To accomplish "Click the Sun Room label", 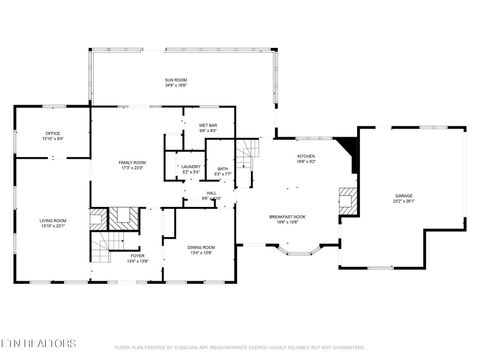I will coord(176,82).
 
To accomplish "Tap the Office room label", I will coord(53,136).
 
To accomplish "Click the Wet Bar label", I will coord(208,128).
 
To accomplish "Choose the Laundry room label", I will coord(190,169).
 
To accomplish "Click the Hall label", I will coord(211,195).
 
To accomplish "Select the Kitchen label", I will coord(306,159).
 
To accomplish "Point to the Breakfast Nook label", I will coord(286,219).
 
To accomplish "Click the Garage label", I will coord(403,198).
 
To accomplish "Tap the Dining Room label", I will coord(201,250).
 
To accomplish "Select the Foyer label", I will coord(137,258).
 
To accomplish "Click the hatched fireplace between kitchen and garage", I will coord(346,197).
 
